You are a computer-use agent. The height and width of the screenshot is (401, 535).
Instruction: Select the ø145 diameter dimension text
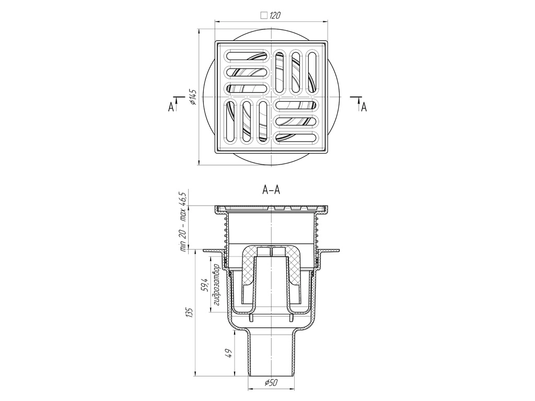(x=193, y=97)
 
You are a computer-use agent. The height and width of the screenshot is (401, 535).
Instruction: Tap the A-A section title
(x=271, y=190)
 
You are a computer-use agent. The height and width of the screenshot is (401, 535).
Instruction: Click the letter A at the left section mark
(x=171, y=108)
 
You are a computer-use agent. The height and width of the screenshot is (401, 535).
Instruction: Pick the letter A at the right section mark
(x=364, y=107)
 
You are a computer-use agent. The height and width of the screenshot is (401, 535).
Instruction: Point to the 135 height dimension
(x=190, y=312)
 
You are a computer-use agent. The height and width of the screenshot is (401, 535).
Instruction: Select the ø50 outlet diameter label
(x=271, y=383)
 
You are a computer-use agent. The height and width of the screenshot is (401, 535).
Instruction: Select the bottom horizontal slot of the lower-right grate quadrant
(x=296, y=137)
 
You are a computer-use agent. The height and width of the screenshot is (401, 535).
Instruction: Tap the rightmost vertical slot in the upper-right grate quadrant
(x=312, y=72)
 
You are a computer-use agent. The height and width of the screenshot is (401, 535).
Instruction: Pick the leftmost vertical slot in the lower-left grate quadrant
(x=230, y=121)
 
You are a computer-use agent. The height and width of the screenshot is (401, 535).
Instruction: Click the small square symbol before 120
(x=264, y=15)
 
